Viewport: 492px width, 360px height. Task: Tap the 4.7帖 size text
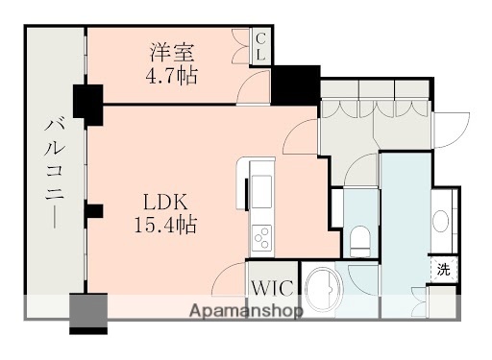[x=172, y=74]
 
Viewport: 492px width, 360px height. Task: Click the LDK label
[x=165, y=203]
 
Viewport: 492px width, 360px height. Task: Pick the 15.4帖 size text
[x=165, y=226]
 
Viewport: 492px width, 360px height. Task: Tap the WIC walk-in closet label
[x=270, y=286]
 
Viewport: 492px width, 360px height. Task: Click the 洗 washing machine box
[x=443, y=270]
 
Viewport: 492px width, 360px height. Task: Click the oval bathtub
[x=323, y=287]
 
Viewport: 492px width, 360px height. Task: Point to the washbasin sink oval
[x=442, y=221]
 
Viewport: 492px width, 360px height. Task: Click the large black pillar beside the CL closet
[x=295, y=84]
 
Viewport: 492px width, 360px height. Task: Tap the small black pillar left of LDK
[x=93, y=211]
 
